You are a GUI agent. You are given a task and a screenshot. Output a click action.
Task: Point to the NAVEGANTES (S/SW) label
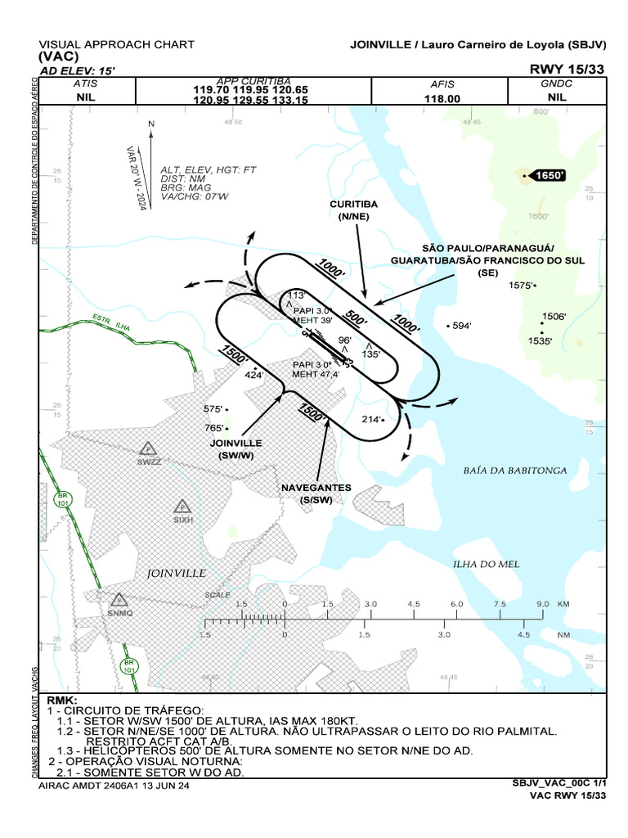316,493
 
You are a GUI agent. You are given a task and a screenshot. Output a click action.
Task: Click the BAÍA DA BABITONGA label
504,471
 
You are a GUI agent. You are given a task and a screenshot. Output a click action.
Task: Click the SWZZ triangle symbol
147,448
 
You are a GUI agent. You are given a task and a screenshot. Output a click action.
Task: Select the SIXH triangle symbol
182,506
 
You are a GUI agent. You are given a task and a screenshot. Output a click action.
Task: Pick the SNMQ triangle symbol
119,600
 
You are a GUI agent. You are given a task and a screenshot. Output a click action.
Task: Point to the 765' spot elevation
216,427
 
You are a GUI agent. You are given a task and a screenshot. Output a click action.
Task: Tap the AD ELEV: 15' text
71,70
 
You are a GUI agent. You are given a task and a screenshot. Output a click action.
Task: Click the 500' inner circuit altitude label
355,317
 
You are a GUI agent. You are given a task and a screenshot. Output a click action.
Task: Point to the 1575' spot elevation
521,286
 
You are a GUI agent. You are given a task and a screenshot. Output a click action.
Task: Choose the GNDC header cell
557,83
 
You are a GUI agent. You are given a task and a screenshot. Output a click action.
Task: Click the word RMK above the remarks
61,701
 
